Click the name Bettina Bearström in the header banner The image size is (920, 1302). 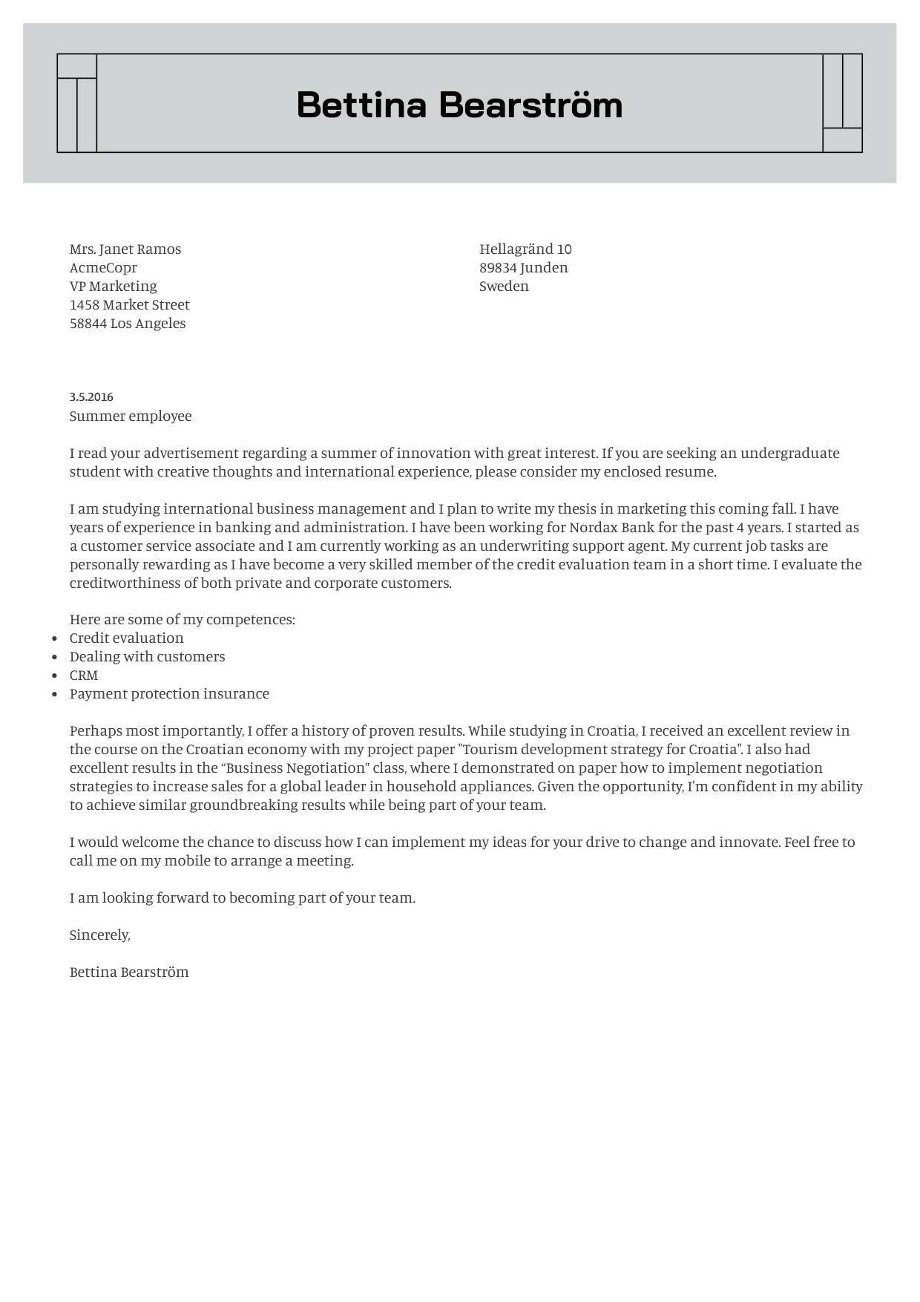point(459,105)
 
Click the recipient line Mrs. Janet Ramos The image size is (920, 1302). point(125,249)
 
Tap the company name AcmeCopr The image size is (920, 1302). point(103,267)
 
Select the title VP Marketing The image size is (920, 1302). point(113,286)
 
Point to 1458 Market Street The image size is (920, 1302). point(130,304)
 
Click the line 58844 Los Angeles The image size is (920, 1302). point(128,323)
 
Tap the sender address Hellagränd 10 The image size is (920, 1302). point(525,249)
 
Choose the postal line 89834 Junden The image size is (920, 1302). point(523,267)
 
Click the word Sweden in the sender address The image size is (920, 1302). point(504,286)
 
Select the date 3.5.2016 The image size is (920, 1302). point(91,397)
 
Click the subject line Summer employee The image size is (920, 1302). point(131,416)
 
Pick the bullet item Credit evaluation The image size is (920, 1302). point(126,638)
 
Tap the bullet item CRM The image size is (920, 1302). point(84,675)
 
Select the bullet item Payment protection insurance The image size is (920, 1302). point(169,693)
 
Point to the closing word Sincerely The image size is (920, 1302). point(99,935)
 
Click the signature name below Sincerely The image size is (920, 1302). point(129,972)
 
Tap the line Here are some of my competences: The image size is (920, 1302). point(182,619)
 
